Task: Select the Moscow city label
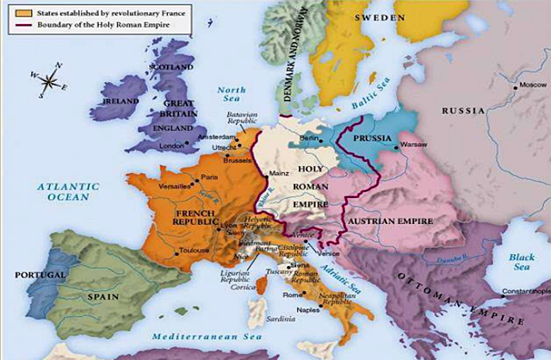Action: [532, 86]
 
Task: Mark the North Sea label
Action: [232, 96]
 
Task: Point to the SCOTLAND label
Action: [171, 66]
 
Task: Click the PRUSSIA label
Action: [373, 138]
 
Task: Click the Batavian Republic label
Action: [243, 120]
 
